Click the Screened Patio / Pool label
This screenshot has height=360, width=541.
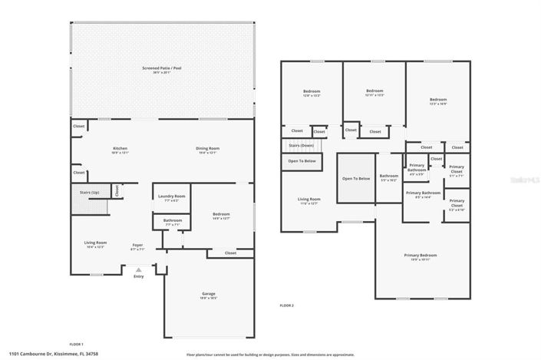pyautogui.click(x=161, y=69)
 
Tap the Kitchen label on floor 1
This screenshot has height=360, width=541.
pyautogui.click(x=120, y=149)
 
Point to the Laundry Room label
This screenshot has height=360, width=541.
pyautogui.click(x=172, y=197)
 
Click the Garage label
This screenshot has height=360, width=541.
pyautogui.click(x=208, y=294)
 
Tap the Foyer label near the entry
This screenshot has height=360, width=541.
pyautogui.click(x=137, y=245)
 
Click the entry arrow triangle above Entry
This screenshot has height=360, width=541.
pyautogui.click(x=138, y=269)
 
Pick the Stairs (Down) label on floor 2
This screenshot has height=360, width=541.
pyautogui.click(x=301, y=145)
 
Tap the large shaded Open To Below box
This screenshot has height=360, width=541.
pyautogui.click(x=356, y=178)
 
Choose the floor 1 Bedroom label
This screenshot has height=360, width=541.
pyautogui.click(x=221, y=215)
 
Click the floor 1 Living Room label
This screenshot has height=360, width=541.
pyautogui.click(x=95, y=243)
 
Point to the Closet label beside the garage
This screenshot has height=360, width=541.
pyautogui.click(x=231, y=253)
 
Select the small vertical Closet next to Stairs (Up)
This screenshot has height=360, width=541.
pyautogui.click(x=117, y=190)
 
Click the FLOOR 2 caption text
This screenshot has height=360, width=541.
pyautogui.click(x=287, y=306)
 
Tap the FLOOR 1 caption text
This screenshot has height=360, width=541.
pyautogui.click(x=76, y=344)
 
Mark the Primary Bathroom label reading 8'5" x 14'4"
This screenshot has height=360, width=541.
pyautogui.click(x=423, y=194)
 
